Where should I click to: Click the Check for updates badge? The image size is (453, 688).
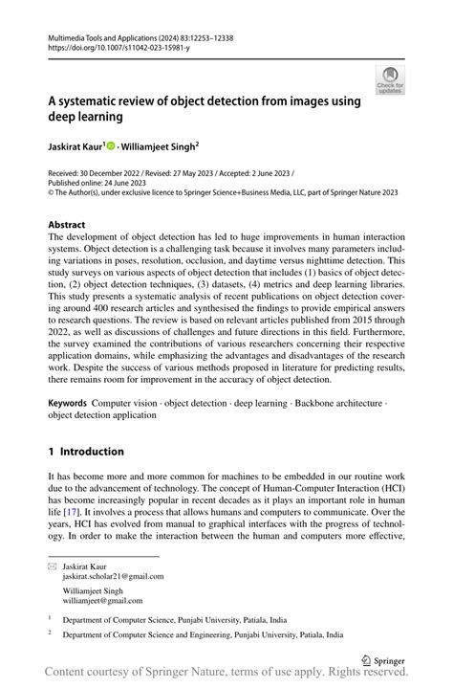(x=390, y=80)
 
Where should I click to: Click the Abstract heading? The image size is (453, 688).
(x=66, y=225)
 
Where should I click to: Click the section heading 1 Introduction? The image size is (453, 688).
(x=86, y=452)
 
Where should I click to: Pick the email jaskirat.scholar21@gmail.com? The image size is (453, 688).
(x=113, y=577)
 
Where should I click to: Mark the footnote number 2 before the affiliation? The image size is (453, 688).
(x=50, y=633)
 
